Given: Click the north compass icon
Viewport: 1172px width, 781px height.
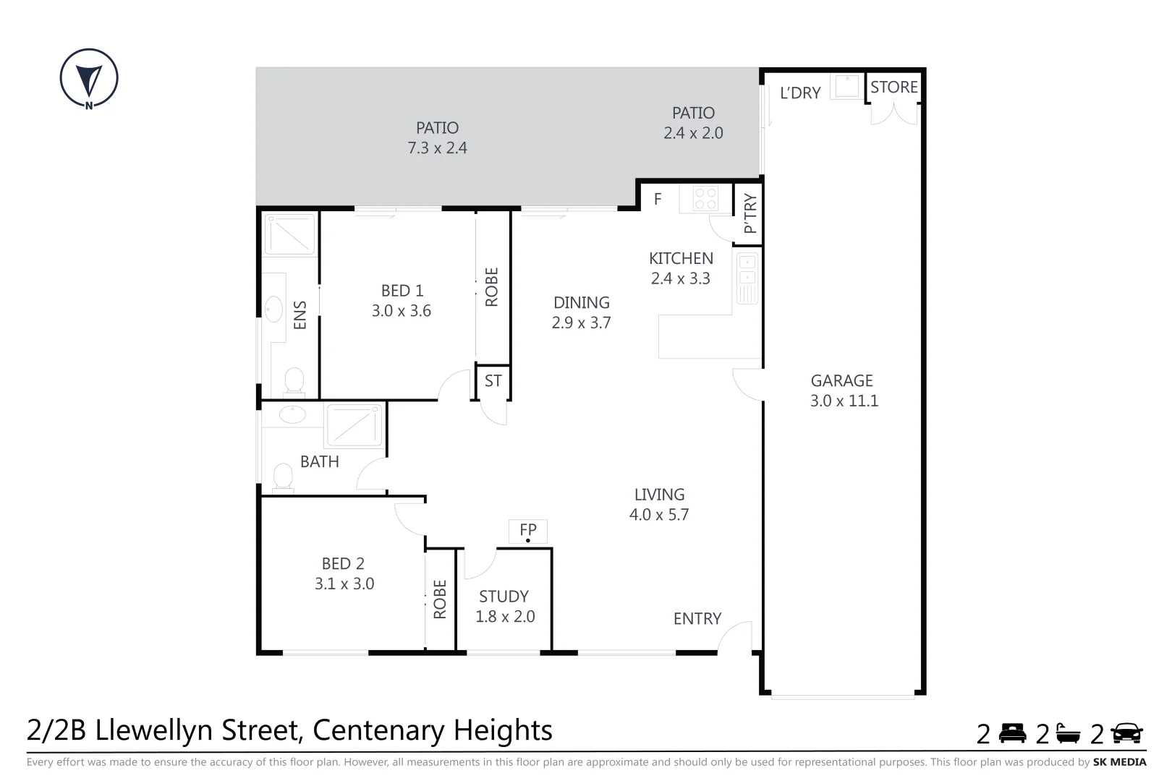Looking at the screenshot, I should [89, 78].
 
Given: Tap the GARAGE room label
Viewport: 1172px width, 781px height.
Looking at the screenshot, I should [841, 380].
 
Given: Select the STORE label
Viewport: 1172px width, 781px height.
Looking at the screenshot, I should [893, 88].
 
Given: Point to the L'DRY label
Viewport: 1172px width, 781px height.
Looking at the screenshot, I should [800, 93].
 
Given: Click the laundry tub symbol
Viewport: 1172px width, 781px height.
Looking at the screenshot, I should [846, 87].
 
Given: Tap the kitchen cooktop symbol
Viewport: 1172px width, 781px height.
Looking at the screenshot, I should [705, 198].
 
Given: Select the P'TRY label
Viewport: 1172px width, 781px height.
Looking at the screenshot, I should [750, 213].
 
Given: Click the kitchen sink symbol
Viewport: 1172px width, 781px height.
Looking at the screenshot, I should [747, 278].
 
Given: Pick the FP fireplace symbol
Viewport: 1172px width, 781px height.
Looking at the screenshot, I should [528, 532].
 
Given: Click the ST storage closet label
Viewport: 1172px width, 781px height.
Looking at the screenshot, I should [493, 381].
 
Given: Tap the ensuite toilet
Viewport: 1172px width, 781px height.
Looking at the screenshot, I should [294, 380].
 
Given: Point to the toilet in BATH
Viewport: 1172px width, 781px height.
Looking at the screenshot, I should [283, 477].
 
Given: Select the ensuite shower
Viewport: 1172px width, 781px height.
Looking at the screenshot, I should [290, 234].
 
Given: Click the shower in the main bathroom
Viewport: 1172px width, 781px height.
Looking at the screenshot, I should [354, 425].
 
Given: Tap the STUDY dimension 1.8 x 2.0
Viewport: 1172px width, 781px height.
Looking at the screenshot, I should [505, 617].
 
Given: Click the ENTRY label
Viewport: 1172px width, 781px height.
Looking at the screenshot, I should [697, 619].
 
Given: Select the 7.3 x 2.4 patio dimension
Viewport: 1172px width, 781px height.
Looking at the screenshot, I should [437, 148].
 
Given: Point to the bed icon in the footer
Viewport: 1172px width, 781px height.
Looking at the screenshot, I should [1013, 733].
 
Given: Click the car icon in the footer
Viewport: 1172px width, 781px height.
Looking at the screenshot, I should [1126, 733].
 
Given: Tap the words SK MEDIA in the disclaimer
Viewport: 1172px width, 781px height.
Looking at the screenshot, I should [1119, 762].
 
